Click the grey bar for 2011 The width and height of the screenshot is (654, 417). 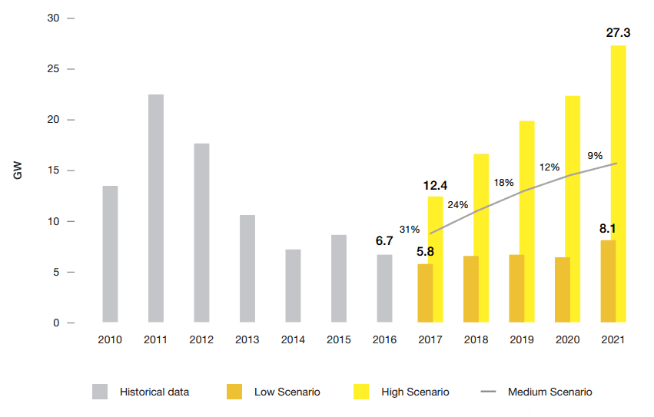[x=156, y=208]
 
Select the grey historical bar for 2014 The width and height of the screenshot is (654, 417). [x=293, y=286]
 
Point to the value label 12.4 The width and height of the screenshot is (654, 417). [x=436, y=186]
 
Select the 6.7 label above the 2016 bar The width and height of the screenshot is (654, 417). [x=384, y=241]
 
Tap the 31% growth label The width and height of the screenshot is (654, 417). [x=410, y=229]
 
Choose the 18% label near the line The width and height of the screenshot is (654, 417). [x=503, y=183]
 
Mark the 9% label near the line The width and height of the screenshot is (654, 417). [x=595, y=155]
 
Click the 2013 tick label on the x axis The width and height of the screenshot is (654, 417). [x=247, y=339]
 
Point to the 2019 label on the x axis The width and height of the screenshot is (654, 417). [x=522, y=339]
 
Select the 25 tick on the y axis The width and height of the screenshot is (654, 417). [x=53, y=69]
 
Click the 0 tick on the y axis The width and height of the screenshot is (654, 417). [x=56, y=323]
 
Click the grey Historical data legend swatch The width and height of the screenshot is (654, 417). [x=100, y=392]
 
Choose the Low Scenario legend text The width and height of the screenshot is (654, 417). [x=287, y=392]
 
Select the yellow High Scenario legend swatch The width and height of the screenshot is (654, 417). [x=360, y=392]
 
